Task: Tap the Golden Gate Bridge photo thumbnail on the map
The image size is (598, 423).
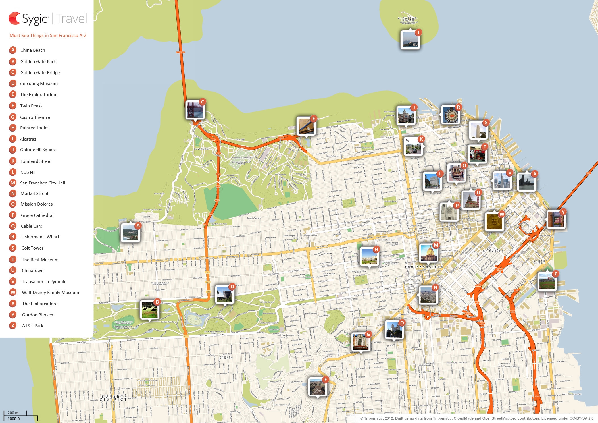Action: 195,110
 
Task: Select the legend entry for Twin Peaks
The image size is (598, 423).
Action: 31,106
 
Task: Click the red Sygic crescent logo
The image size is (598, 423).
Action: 14,18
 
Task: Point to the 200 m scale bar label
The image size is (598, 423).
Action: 13,413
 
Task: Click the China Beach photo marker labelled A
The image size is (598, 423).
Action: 130,233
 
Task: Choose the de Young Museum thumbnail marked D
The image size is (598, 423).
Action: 225,294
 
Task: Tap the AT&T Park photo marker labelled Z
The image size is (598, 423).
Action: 547,281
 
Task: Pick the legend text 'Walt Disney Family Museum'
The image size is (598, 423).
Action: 50,292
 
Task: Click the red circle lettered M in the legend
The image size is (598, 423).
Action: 13,183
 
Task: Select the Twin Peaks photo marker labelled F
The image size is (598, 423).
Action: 318,387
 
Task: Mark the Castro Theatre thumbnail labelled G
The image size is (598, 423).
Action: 361,342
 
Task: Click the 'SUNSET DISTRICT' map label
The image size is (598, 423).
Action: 113,398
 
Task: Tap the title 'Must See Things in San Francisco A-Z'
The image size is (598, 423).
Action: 48,35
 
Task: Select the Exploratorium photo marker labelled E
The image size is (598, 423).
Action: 306,126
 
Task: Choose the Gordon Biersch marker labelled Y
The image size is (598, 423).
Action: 556,219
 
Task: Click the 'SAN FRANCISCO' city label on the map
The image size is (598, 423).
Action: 424,266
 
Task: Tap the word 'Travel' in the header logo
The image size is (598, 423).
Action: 71,18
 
